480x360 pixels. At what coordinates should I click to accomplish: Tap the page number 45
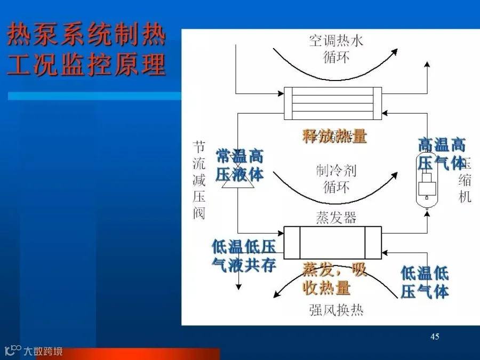click(x=435, y=337)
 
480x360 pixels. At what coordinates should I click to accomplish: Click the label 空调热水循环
click(x=336, y=49)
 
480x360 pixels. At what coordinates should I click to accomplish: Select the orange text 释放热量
click(x=334, y=136)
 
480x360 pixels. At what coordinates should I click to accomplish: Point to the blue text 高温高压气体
click(x=442, y=153)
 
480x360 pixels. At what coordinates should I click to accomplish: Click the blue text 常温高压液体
click(x=239, y=165)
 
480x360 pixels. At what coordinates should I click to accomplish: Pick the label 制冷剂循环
click(x=336, y=179)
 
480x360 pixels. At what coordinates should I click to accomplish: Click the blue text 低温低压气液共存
click(x=244, y=255)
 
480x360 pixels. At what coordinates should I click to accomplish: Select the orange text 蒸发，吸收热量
click(x=334, y=279)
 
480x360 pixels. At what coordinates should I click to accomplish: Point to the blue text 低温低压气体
click(x=425, y=282)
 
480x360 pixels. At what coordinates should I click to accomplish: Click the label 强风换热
click(x=336, y=310)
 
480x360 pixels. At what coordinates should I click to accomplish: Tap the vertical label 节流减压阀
click(x=199, y=180)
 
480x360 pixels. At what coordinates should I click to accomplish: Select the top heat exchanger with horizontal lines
click(x=333, y=103)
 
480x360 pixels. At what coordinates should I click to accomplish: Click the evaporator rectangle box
click(x=333, y=242)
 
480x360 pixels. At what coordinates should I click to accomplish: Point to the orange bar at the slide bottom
click(x=128, y=354)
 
